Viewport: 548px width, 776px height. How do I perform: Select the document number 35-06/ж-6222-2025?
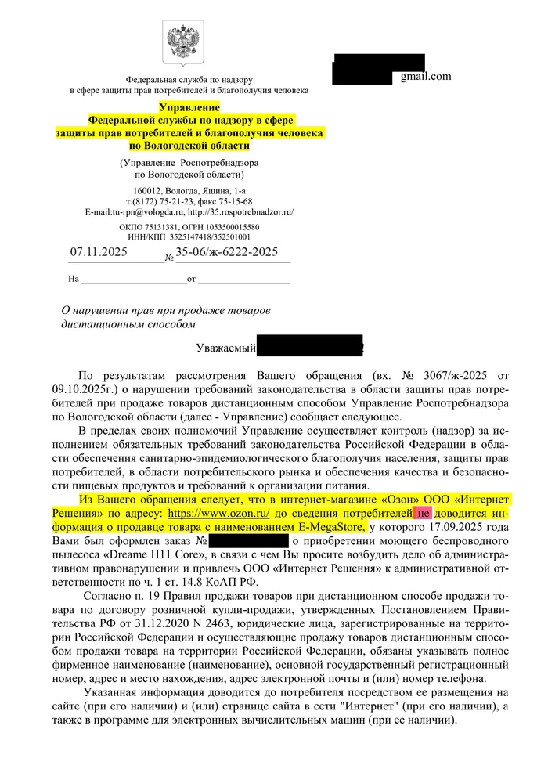pos(227,252)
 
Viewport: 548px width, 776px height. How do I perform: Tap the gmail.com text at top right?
pos(426,76)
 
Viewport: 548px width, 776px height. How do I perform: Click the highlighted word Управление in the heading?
pos(189,106)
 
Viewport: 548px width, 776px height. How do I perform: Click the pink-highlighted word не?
pos(423,513)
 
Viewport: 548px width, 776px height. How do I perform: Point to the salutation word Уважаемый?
pos(225,346)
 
